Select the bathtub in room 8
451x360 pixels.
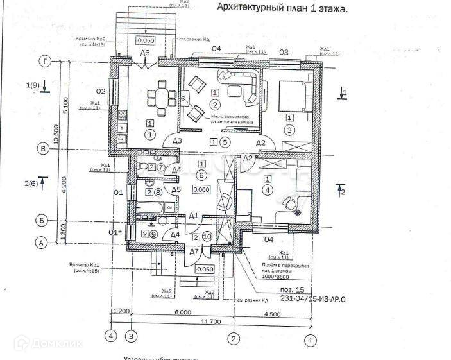pos(153,207)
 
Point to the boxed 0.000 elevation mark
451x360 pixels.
pos(201,190)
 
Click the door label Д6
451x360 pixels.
pos(145,53)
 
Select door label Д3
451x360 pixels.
pos(177,142)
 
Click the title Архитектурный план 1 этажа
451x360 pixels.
pos(282,9)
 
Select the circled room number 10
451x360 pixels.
pos(207,237)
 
